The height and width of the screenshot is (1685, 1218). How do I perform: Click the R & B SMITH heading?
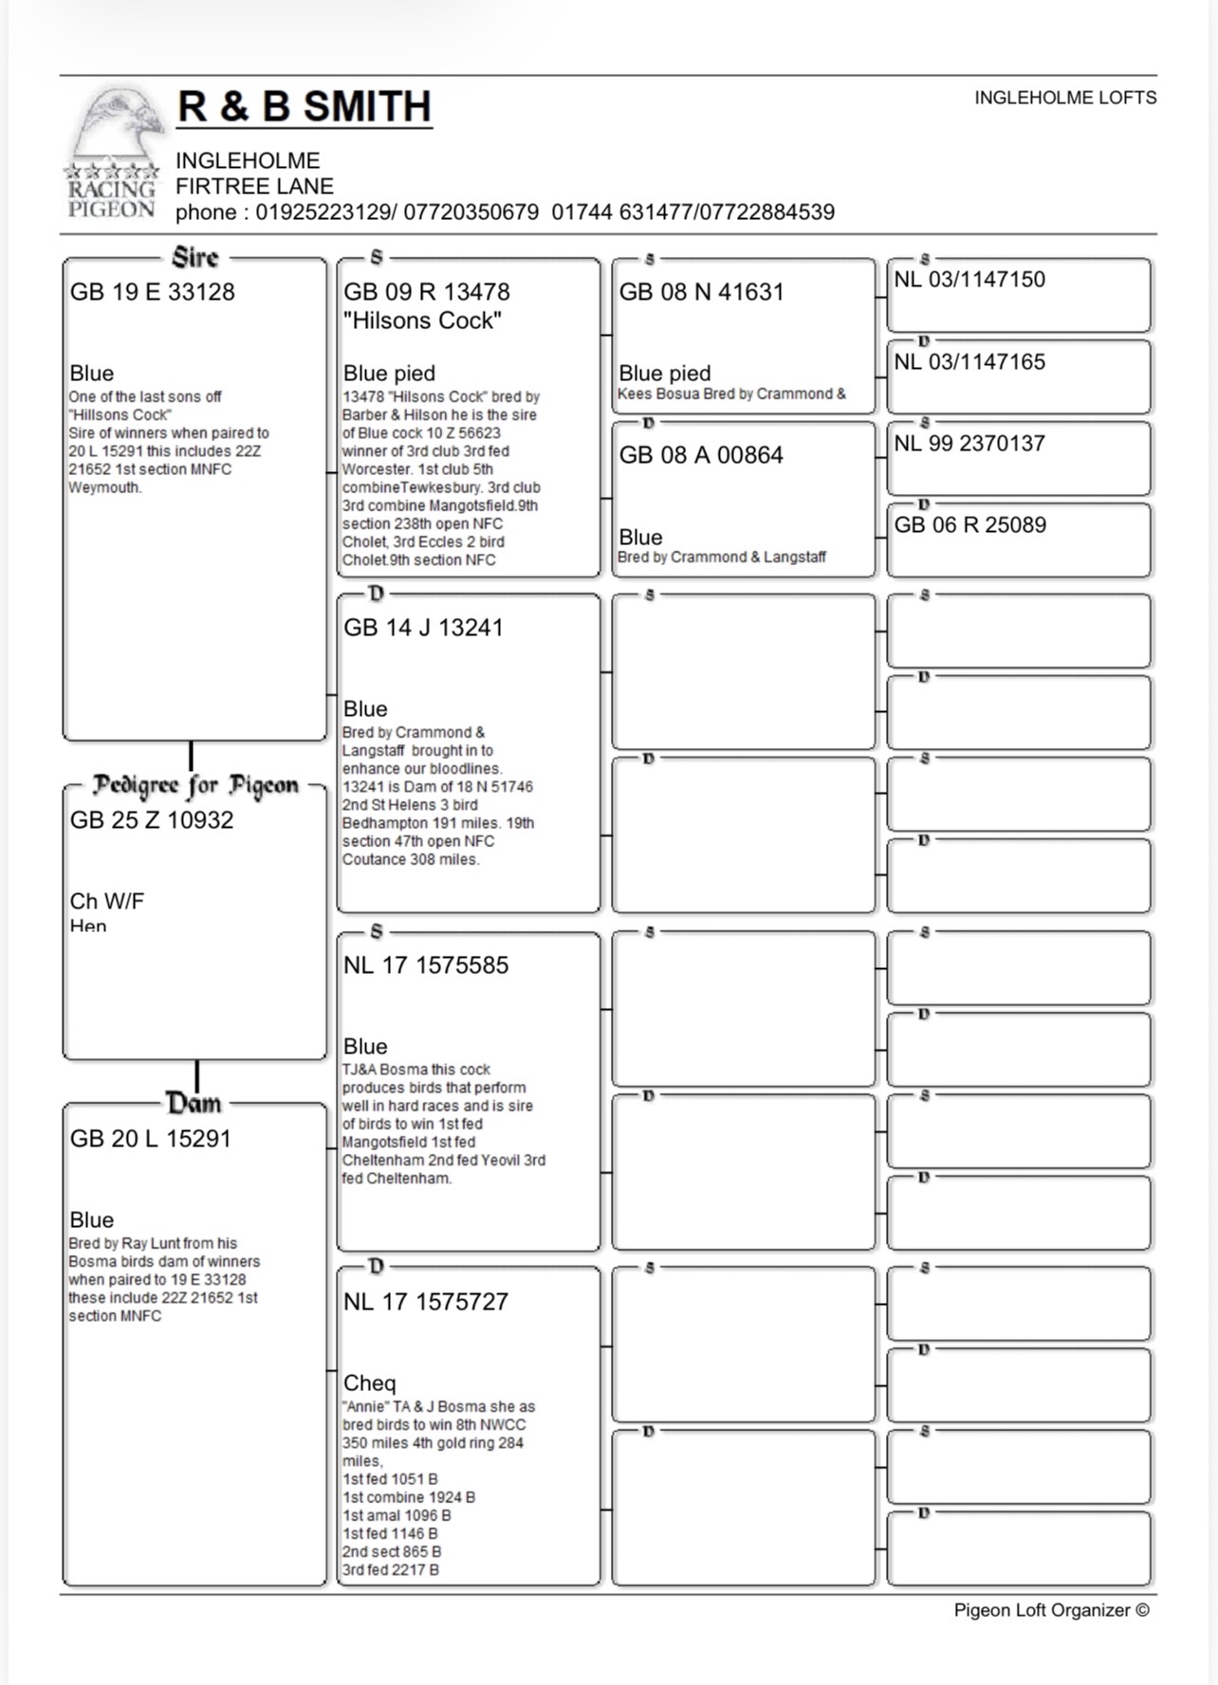(304, 107)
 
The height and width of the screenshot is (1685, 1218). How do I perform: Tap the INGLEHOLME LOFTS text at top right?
(1064, 98)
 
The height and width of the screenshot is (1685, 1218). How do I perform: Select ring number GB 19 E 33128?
(152, 292)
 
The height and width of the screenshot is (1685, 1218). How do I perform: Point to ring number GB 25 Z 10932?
(152, 820)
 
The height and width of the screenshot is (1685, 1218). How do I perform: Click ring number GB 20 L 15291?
(150, 1139)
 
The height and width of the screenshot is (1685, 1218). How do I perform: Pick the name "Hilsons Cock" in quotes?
(422, 321)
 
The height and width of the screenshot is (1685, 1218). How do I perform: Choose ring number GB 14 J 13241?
(423, 628)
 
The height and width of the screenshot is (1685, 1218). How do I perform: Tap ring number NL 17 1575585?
(426, 965)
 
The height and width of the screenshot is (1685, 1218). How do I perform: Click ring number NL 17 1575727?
(426, 1302)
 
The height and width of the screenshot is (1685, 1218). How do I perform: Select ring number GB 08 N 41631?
(701, 292)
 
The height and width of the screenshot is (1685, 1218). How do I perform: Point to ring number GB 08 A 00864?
(701, 455)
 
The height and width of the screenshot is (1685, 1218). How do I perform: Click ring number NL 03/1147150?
(969, 280)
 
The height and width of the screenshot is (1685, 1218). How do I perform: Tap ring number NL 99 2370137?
(969, 444)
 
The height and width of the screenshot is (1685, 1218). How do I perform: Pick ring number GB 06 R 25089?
(969, 525)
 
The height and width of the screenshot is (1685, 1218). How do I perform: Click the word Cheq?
(369, 1383)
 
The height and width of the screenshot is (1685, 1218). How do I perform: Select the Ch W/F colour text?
(107, 902)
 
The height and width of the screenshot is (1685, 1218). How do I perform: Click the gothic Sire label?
(195, 258)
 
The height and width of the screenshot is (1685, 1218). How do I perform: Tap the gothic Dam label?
(194, 1104)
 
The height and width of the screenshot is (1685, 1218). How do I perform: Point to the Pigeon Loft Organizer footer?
(1051, 1610)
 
